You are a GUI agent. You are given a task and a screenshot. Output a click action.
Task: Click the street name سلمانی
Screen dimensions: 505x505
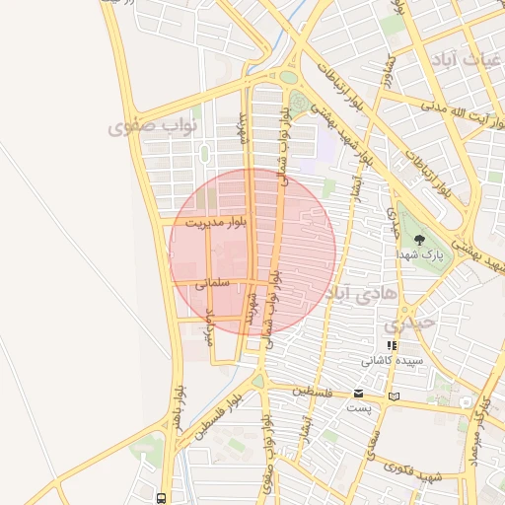[x=212, y=282]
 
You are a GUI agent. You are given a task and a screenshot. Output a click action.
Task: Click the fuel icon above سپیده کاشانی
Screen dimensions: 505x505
[x=392, y=346]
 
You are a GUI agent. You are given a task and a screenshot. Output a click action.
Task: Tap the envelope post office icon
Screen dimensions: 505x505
[x=358, y=394]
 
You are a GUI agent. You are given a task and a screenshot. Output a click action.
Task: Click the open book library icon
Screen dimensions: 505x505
[x=395, y=397]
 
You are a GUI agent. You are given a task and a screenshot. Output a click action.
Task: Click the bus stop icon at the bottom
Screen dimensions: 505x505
[x=162, y=498]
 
